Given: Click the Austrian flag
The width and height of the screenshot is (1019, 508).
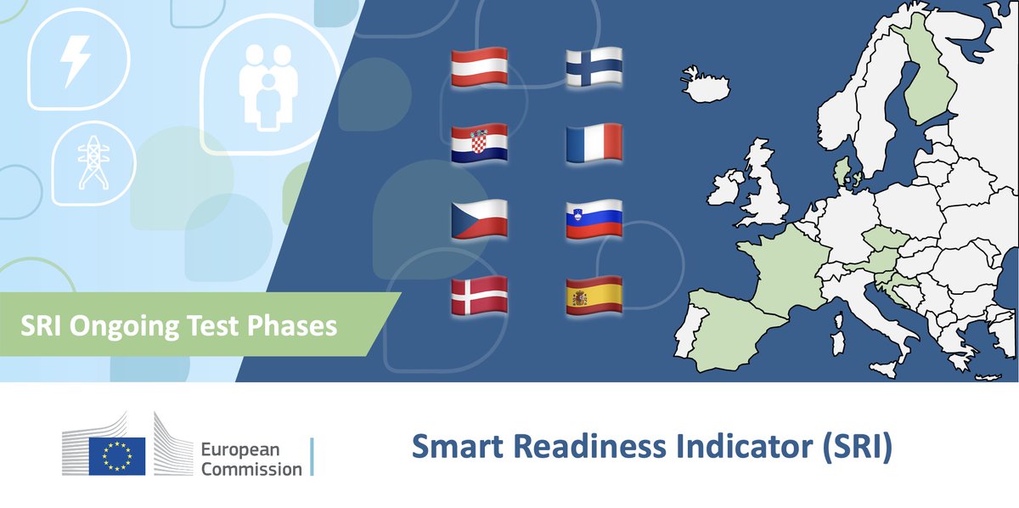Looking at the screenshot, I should coord(479,65).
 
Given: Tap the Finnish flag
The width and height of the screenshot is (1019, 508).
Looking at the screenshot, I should coord(594,65).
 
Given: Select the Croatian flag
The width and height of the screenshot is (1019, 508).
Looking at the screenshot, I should coord(479,143).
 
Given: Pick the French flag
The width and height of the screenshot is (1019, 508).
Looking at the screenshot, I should coord(594,143).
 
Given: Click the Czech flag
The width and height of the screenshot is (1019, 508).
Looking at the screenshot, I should coord(479,219).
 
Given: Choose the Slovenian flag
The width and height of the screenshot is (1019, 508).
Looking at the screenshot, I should coord(594,219).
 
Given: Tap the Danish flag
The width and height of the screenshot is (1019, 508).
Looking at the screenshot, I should coord(479,296).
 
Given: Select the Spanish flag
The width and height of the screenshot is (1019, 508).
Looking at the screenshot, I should coord(594,296).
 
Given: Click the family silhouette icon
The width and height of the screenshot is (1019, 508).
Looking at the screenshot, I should coord(267,84).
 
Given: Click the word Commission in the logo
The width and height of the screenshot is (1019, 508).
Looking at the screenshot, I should coord(251,468).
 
